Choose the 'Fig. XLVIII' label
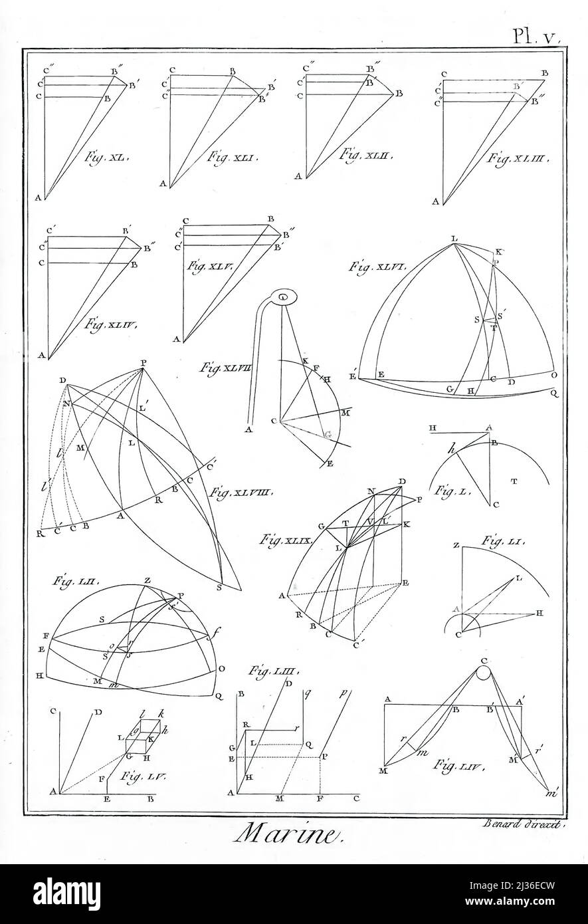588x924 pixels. tap(233, 493)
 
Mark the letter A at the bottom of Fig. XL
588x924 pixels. tap(39, 197)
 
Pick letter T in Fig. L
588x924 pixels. tap(514, 480)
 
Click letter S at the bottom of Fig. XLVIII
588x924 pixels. tap(219, 588)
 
